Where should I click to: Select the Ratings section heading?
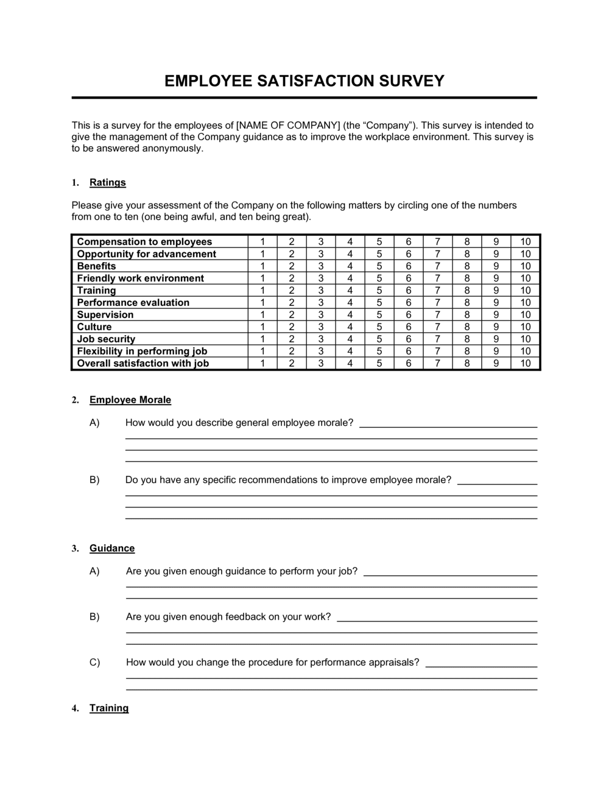(107, 182)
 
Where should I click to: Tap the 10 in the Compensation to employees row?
(526, 242)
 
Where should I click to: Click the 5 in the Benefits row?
(379, 266)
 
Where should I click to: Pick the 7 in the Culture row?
(437, 327)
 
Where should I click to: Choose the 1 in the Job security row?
(262, 339)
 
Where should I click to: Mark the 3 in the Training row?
(321, 291)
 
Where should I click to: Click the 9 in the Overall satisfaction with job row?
(496, 364)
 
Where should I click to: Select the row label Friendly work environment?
(140, 278)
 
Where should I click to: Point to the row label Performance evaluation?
(133, 303)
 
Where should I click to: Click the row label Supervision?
(105, 315)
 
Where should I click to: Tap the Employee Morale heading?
(130, 400)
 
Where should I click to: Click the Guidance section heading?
(112, 548)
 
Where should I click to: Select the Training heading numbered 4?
(109, 708)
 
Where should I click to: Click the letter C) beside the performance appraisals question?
(94, 662)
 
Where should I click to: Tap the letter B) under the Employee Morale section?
(94, 480)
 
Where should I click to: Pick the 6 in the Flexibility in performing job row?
(408, 352)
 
